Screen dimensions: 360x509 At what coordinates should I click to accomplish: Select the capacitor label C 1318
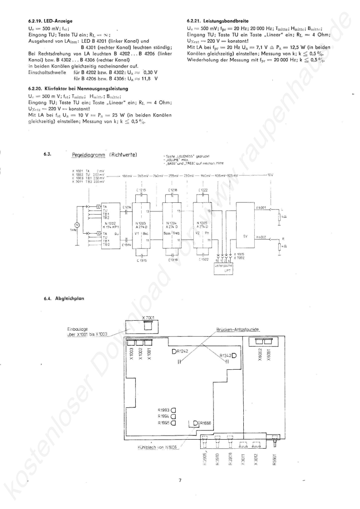click(x=173, y=260)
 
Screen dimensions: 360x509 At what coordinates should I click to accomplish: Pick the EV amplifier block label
click(x=245, y=236)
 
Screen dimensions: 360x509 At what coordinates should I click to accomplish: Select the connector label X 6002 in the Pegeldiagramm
click(x=261, y=237)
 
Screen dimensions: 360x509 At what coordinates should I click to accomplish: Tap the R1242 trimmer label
click(x=182, y=352)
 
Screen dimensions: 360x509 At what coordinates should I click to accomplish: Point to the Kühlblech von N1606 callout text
click(x=158, y=447)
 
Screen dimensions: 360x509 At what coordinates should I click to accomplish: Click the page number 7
click(x=180, y=480)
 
